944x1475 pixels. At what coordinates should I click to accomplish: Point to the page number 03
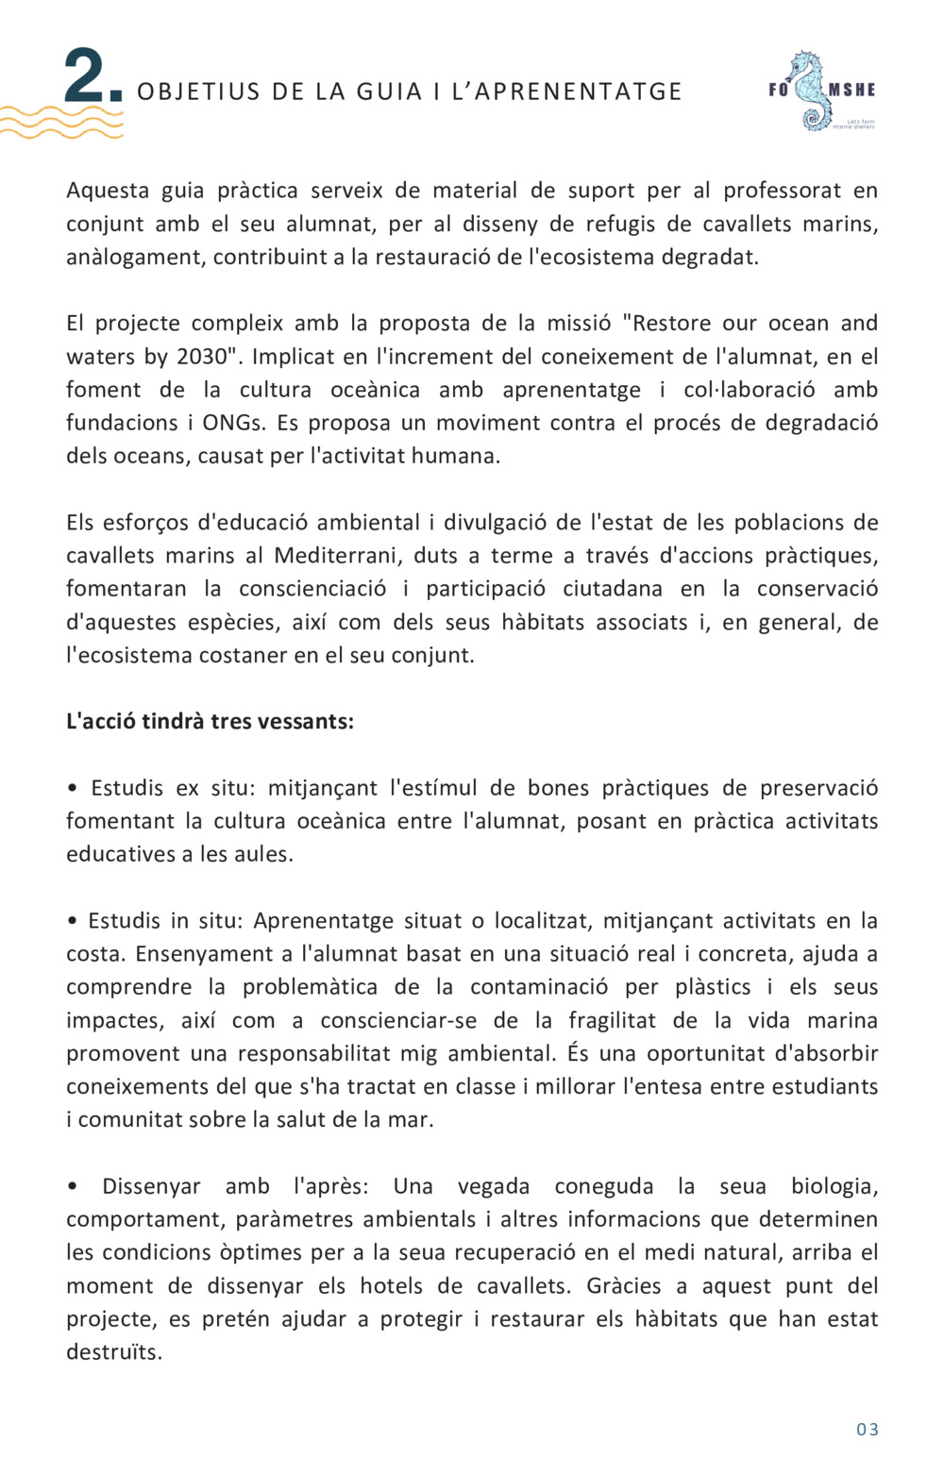(868, 1429)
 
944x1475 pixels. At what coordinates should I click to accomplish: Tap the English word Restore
(671, 323)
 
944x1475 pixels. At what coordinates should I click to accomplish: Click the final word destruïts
(113, 1352)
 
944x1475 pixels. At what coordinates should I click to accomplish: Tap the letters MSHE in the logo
(852, 91)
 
